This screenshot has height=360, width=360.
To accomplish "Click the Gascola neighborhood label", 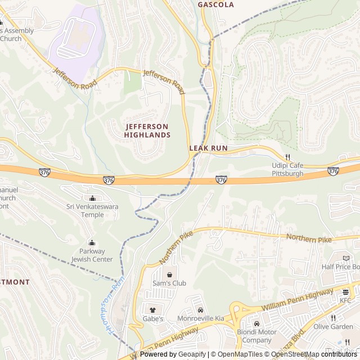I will tap(215, 4).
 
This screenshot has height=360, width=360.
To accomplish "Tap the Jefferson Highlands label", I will tap(147, 130).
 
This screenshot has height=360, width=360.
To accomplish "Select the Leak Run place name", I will tap(208, 148).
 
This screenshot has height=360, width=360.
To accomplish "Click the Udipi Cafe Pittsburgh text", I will tap(287, 169).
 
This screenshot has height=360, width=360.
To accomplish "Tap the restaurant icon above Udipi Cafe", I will tap(287, 157).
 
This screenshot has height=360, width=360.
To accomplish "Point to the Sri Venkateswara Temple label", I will tap(93, 211).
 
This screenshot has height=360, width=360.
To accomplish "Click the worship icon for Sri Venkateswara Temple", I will tap(93, 198).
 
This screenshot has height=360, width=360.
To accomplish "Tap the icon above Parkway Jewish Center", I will tap(92, 243).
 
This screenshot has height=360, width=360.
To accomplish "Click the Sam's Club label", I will tap(169, 283).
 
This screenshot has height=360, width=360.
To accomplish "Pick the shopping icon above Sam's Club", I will tap(169, 274).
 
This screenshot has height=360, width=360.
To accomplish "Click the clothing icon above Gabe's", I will tap(152, 309).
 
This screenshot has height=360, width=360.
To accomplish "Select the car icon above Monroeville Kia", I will tap(200, 310).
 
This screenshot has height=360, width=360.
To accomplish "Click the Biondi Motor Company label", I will tap(256, 336).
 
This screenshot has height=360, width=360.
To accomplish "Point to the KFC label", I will tap(345, 301).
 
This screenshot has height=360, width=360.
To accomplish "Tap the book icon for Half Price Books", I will tap(346, 258).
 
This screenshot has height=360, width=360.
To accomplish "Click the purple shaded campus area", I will tap(76, 42).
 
